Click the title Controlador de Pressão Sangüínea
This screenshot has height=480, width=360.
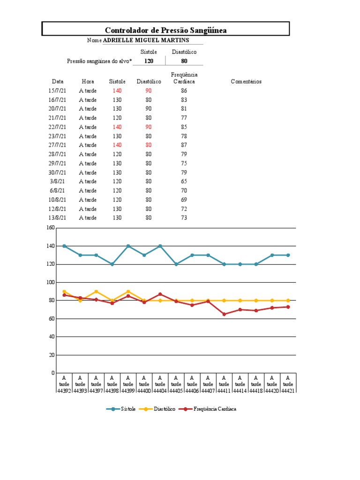click(165, 30)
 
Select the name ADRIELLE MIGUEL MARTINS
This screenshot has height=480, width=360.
click(146, 40)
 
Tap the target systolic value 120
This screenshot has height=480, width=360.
click(149, 61)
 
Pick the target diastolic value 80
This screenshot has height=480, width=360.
click(184, 61)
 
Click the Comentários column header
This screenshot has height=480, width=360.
click(246, 82)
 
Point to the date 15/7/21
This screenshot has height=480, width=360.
click(57, 90)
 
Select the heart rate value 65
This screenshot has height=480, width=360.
click(184, 181)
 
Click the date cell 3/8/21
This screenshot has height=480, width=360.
click(57, 181)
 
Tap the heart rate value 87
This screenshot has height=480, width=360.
click(184, 145)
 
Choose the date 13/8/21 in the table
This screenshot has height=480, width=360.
click(57, 217)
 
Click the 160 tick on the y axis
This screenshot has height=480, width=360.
click(51, 227)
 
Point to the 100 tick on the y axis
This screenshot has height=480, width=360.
click(51, 282)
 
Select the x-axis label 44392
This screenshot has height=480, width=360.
click(64, 391)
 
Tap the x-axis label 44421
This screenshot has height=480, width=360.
click(288, 391)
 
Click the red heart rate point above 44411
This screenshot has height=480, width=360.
click(224, 314)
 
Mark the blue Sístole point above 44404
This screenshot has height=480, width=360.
click(160, 246)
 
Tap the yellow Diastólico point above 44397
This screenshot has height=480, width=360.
click(96, 292)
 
